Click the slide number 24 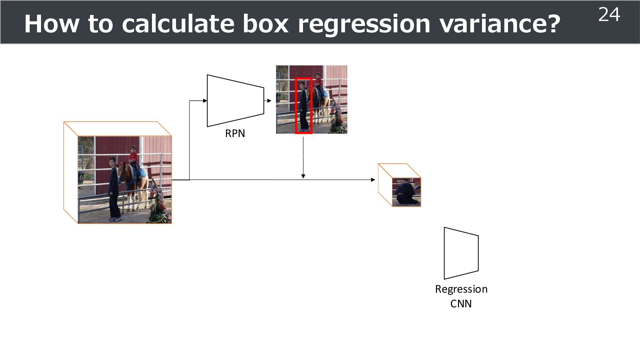(609, 15)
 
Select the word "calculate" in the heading (178, 24)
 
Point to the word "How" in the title (52, 24)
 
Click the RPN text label (235, 133)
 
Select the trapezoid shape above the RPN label (235, 101)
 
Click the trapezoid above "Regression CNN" (461, 253)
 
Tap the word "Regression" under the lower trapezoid (461, 289)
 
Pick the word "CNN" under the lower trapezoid (461, 304)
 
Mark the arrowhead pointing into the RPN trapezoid (205, 101)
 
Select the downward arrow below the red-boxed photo (303, 157)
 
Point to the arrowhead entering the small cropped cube (373, 180)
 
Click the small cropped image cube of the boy (406, 192)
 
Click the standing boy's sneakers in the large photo (116, 219)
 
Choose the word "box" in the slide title (265, 24)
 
